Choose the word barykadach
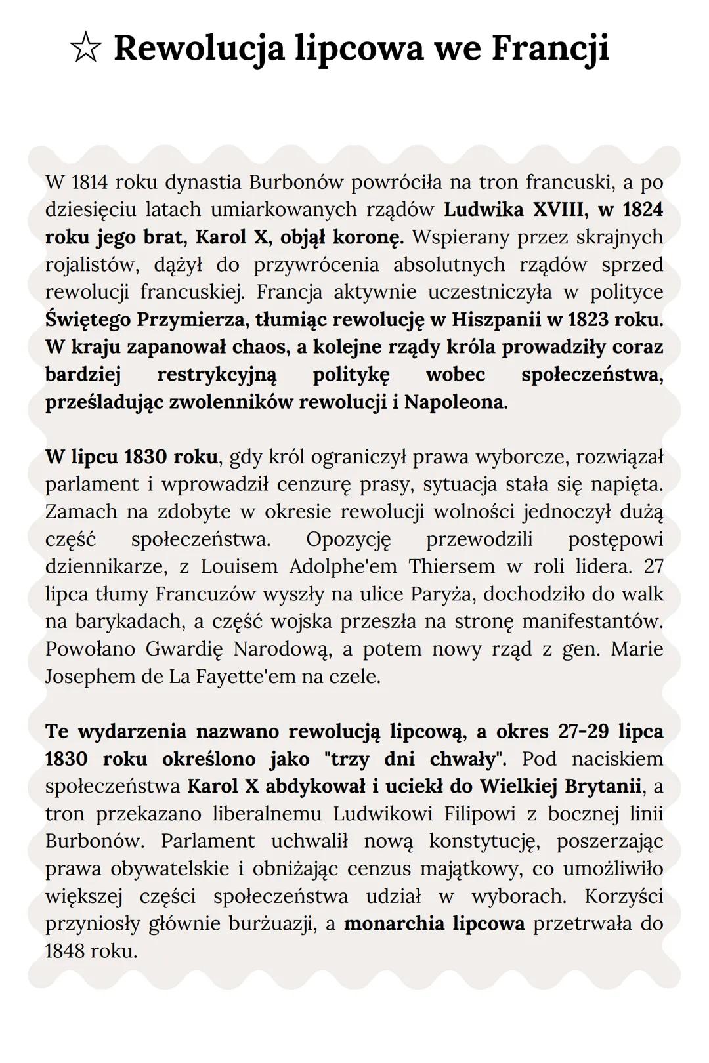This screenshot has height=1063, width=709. pos(125,621)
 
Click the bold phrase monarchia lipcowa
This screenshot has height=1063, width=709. pos(434,924)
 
